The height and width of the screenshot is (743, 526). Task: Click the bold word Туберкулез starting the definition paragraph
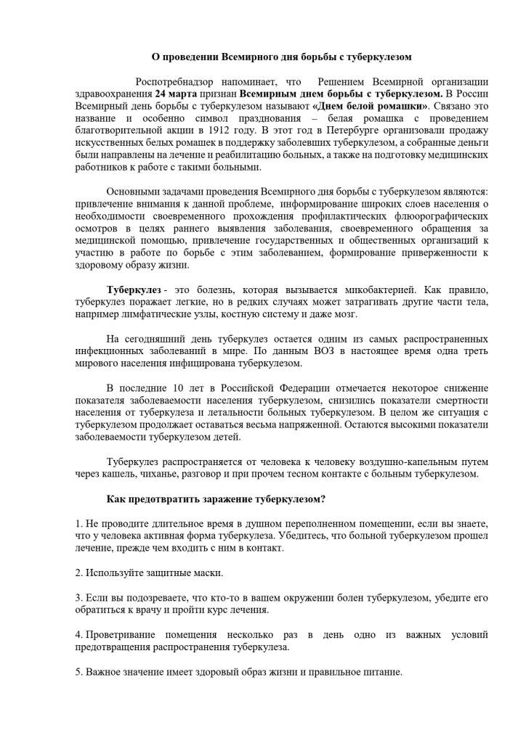(134, 290)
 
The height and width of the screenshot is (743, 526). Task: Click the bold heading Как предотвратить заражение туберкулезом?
(216, 498)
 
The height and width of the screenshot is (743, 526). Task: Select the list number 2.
(78, 572)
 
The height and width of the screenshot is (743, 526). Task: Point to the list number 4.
(78, 634)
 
